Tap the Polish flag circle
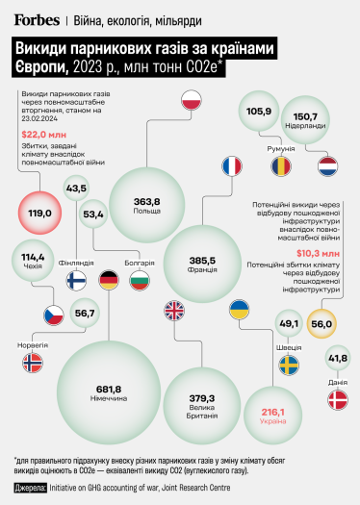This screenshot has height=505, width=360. pyautogui.click(x=191, y=99)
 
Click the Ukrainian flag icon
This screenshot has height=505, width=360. pyautogui.click(x=236, y=310)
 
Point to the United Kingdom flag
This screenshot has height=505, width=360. pyautogui.click(x=174, y=311)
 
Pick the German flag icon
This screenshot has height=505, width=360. pyautogui.click(x=109, y=281)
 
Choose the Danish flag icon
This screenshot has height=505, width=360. pyautogui.click(x=338, y=401)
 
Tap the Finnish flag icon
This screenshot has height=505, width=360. pyautogui.click(x=77, y=280)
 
